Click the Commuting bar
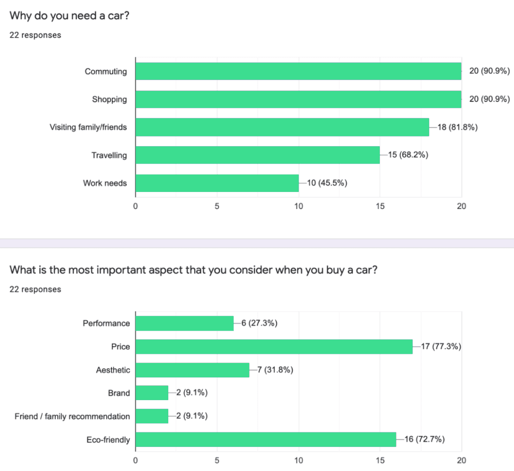coord(298,71)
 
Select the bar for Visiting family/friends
coord(282,127)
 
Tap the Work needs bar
coord(217,183)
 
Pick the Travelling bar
coord(257,155)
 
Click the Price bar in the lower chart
coord(274,347)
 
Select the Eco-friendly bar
coord(265,440)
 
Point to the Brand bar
coord(152,393)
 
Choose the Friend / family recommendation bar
coord(152,416)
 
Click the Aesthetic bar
coord(192,370)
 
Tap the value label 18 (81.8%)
coord(457,127)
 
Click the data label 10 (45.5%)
coord(327,183)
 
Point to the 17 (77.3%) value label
coord(441,346)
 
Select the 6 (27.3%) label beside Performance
coord(259,323)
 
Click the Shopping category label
coord(109,99)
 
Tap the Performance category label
coord(106,323)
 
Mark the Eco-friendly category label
coord(108,440)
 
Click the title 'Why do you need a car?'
coord(69,16)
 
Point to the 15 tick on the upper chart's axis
coord(380,206)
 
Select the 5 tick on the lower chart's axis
coord(217,460)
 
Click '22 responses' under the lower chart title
coord(35,290)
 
